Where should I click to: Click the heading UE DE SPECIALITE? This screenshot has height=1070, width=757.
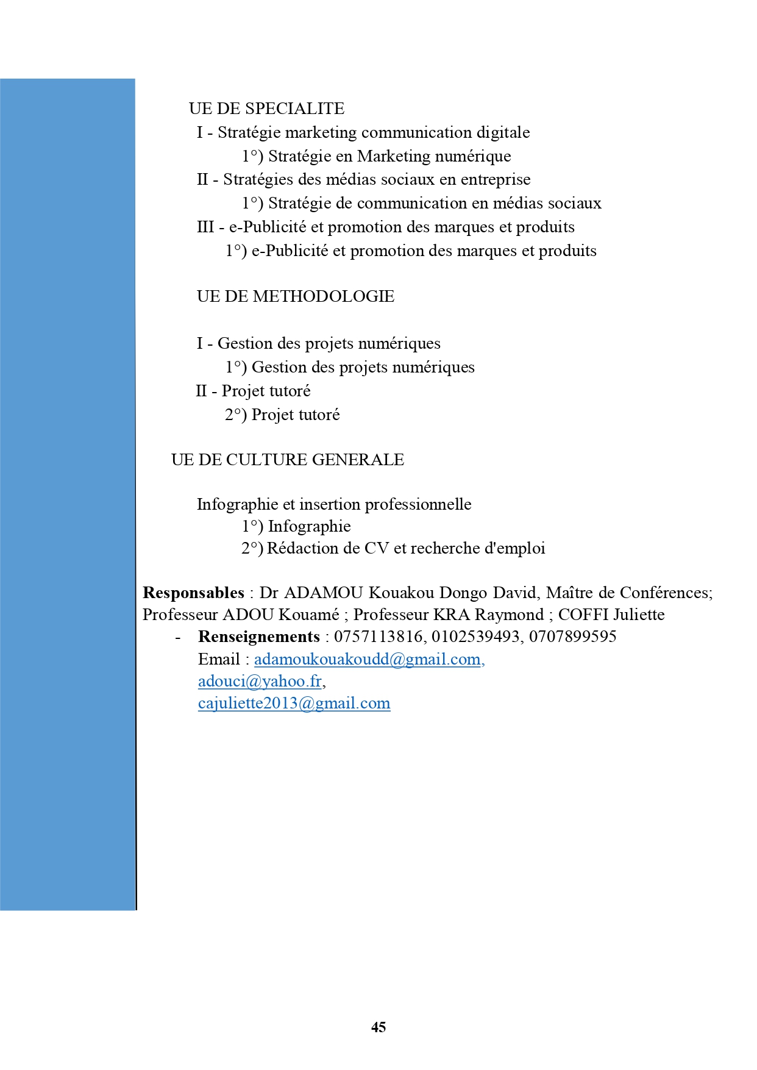click(266, 109)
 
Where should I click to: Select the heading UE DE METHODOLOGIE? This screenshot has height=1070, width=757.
click(296, 296)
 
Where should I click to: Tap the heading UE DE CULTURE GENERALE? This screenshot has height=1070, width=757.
click(288, 460)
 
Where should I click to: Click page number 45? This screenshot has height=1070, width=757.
click(378, 1027)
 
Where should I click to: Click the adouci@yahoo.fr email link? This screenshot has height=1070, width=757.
click(260, 681)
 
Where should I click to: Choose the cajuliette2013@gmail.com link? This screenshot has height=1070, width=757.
click(294, 704)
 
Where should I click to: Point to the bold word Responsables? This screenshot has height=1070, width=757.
click(193, 593)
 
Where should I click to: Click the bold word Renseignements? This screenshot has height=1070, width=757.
click(259, 637)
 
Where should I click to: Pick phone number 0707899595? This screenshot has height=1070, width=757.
click(572, 637)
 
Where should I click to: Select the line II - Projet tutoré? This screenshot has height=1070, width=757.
click(253, 391)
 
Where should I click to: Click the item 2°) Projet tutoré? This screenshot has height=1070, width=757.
click(282, 415)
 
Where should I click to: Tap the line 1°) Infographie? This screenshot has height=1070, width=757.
click(296, 526)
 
